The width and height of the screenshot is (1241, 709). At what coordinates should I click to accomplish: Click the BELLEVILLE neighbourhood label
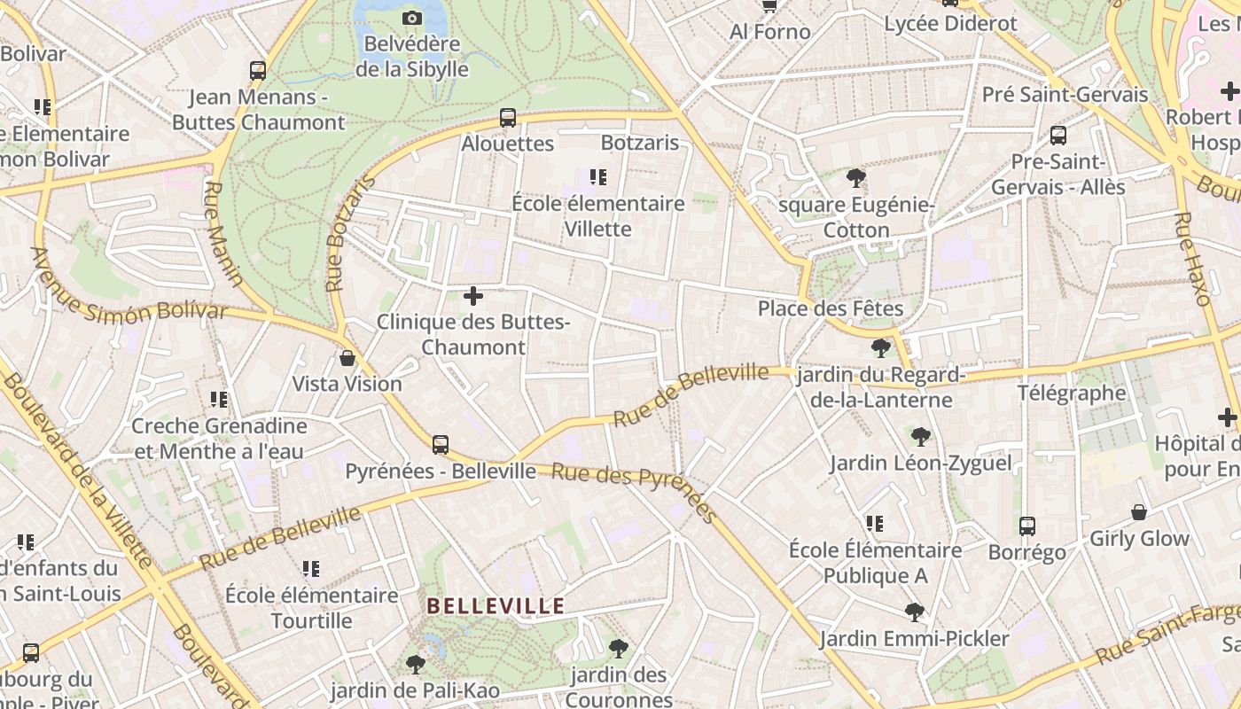(496, 606)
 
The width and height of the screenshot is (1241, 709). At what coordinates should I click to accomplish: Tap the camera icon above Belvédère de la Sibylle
(411, 18)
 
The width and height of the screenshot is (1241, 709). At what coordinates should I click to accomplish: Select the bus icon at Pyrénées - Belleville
(441, 444)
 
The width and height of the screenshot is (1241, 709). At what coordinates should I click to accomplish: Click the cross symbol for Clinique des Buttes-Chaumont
(473, 296)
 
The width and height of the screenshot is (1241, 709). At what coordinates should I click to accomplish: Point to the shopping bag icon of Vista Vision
(347, 358)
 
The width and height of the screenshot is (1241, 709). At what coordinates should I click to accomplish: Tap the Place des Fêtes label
(830, 308)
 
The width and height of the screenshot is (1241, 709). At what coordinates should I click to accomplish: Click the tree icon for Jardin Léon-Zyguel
(920, 436)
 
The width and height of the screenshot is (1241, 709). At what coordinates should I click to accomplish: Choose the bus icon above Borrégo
(1026, 526)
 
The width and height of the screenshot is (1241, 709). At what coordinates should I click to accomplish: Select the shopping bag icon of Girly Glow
(1139, 512)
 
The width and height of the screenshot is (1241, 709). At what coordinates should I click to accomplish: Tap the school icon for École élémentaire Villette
(598, 177)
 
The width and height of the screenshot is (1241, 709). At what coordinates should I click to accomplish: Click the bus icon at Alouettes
(508, 118)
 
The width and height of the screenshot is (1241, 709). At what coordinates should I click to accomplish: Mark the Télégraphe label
(1071, 393)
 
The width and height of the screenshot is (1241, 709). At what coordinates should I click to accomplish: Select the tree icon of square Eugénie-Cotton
(855, 179)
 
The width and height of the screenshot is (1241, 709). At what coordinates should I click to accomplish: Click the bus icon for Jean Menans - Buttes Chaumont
(258, 71)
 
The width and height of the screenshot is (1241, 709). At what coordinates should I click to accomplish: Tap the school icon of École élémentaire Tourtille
(310, 568)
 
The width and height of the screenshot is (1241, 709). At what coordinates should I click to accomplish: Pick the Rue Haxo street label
(1192, 259)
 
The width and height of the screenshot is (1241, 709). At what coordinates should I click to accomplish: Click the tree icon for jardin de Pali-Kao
(414, 664)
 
